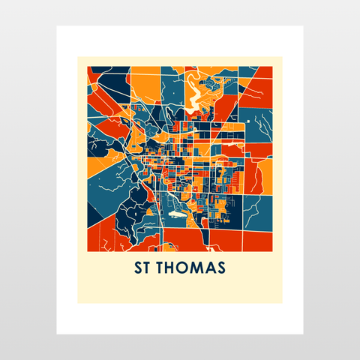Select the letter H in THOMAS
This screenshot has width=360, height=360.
[172, 268]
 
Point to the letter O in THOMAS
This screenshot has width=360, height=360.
[184, 268]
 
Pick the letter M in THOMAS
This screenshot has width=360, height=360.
[196, 268]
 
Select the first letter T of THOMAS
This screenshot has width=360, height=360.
[160, 268]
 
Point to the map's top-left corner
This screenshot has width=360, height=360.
[88, 66]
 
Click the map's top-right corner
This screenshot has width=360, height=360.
[272, 66]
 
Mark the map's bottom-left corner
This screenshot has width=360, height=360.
[88, 250]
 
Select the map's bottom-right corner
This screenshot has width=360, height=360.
[272, 250]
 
